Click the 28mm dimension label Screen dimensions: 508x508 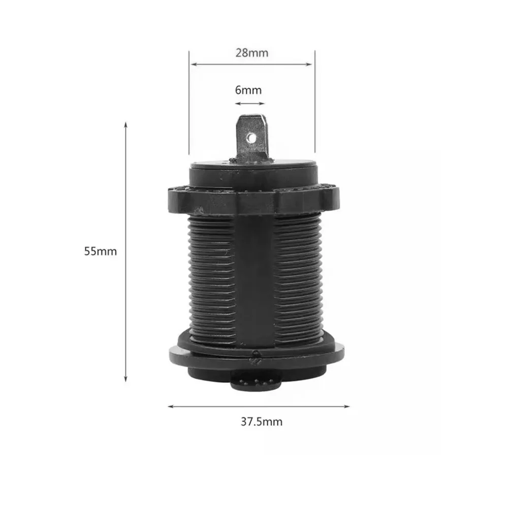[251, 53]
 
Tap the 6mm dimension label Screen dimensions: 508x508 [248, 90]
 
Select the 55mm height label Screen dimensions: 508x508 [101, 251]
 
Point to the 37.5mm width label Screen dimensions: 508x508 [262, 421]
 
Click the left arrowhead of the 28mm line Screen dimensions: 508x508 [193, 65]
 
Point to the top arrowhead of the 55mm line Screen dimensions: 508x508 [126, 125]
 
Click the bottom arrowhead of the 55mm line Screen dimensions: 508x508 [126, 378]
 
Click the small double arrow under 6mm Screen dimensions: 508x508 [249, 103]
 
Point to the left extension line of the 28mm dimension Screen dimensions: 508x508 [189, 102]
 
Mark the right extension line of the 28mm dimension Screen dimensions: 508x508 [315, 102]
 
